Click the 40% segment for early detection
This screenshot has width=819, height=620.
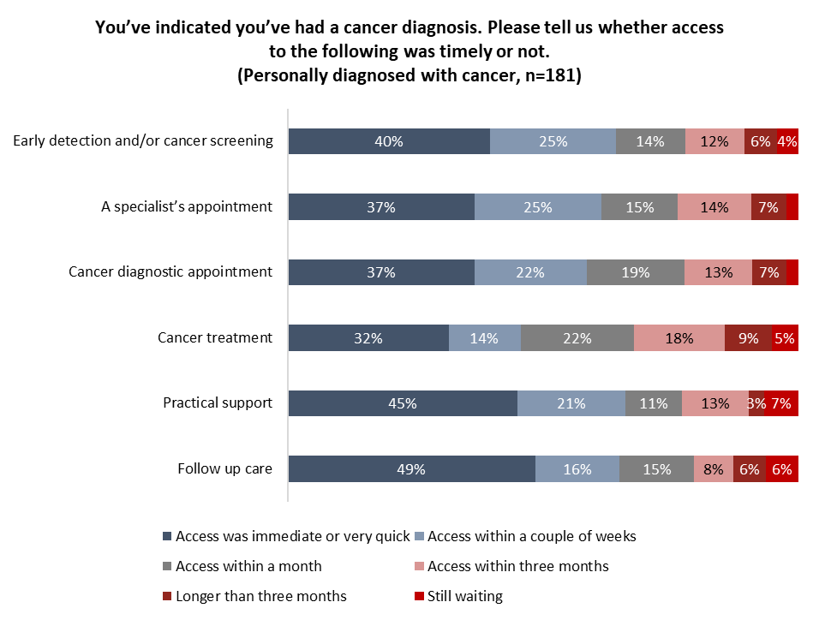[x=389, y=142]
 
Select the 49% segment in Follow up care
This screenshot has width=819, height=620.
[x=411, y=469]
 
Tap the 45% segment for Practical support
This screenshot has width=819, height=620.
[x=403, y=403]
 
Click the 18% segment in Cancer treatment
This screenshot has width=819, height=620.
[x=679, y=338]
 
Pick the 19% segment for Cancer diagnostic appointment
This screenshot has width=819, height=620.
[x=635, y=273]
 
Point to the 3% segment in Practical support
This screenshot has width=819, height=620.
[x=756, y=403]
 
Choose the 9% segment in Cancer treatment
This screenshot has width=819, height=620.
[x=748, y=338]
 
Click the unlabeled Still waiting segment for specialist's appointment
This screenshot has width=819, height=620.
[x=792, y=207]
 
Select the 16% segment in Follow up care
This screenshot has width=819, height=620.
[x=577, y=469]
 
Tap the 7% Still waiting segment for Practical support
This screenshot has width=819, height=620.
[x=781, y=403]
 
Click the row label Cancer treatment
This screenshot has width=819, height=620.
[x=215, y=337]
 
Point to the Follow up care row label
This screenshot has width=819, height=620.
[x=224, y=468]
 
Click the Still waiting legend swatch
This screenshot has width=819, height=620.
[x=419, y=596]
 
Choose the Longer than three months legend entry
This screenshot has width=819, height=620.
[x=260, y=596]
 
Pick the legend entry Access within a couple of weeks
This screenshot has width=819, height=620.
[x=531, y=537]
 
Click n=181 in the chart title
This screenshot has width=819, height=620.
[x=549, y=75]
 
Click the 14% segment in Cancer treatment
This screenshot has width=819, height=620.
[x=484, y=338]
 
